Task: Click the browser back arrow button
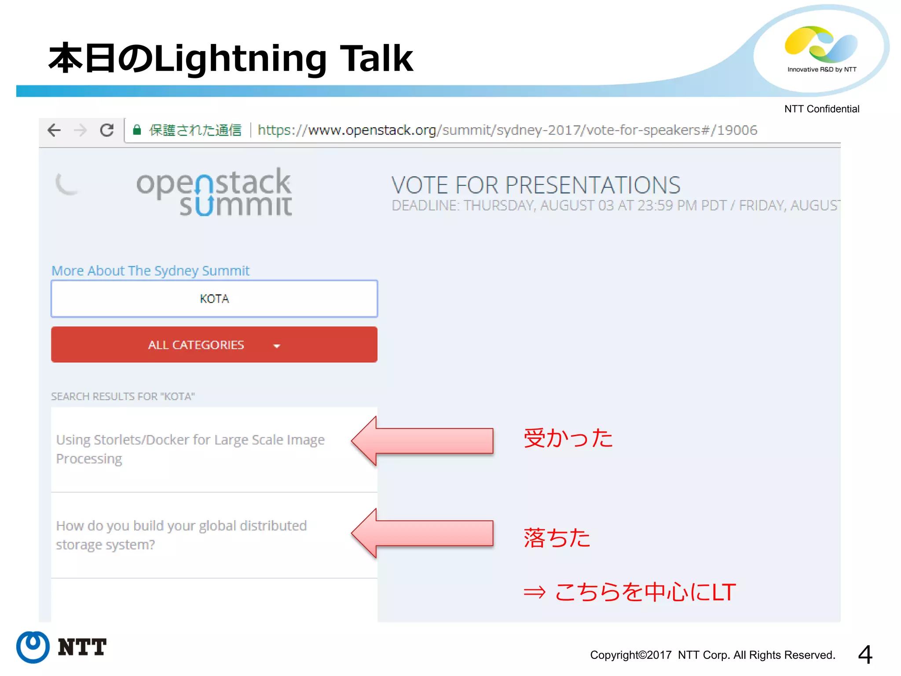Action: (54, 130)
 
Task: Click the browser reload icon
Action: (107, 130)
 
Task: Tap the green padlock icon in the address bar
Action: (137, 130)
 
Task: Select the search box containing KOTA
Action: (214, 299)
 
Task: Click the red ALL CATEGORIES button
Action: (196, 345)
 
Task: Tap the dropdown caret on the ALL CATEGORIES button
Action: (277, 346)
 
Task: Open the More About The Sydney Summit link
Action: (150, 270)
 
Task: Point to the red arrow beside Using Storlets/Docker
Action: (422, 441)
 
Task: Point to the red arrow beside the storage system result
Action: (422, 533)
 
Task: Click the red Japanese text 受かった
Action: (568, 438)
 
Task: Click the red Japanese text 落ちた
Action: (557, 537)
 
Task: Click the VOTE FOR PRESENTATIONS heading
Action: (536, 185)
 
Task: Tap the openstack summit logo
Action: (214, 192)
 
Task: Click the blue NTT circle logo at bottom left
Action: (33, 647)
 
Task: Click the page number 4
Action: (865, 654)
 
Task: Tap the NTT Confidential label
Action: (821, 109)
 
